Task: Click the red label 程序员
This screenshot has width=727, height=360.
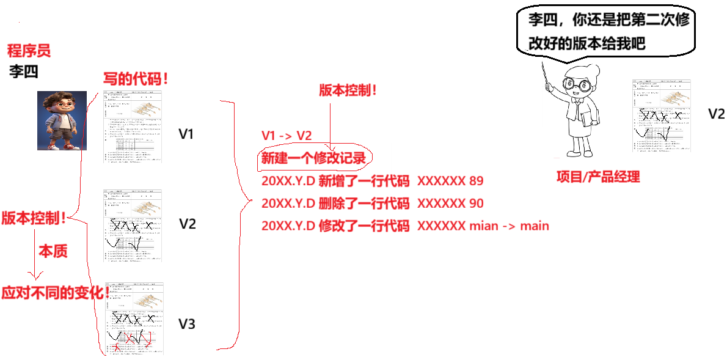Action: click(29, 50)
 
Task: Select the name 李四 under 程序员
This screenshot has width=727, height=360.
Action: click(23, 72)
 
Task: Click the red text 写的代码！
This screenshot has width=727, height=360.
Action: click(136, 79)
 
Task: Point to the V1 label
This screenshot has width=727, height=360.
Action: click(186, 133)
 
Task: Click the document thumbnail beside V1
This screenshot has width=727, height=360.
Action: click(133, 126)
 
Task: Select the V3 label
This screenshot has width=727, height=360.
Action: click(187, 323)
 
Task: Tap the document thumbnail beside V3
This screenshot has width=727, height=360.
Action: click(133, 318)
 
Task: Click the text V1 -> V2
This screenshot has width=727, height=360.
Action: click(287, 136)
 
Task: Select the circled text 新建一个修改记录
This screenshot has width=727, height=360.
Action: click(313, 158)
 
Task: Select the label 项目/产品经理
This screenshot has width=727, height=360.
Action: click(597, 177)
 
